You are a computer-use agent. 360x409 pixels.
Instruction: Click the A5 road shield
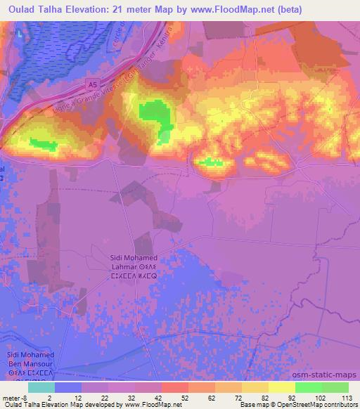pyautogui.click(x=93, y=84)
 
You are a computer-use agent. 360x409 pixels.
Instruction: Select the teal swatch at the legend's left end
pyautogui.click(x=41, y=387)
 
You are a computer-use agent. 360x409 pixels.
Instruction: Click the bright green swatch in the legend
pyautogui.click(x=308, y=387)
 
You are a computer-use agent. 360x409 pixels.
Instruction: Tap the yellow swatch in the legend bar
pyautogui.click(x=281, y=387)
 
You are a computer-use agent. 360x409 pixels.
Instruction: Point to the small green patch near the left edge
pyautogui.click(x=44, y=145)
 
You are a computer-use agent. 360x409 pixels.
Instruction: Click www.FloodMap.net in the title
pyautogui.click(x=229, y=8)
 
